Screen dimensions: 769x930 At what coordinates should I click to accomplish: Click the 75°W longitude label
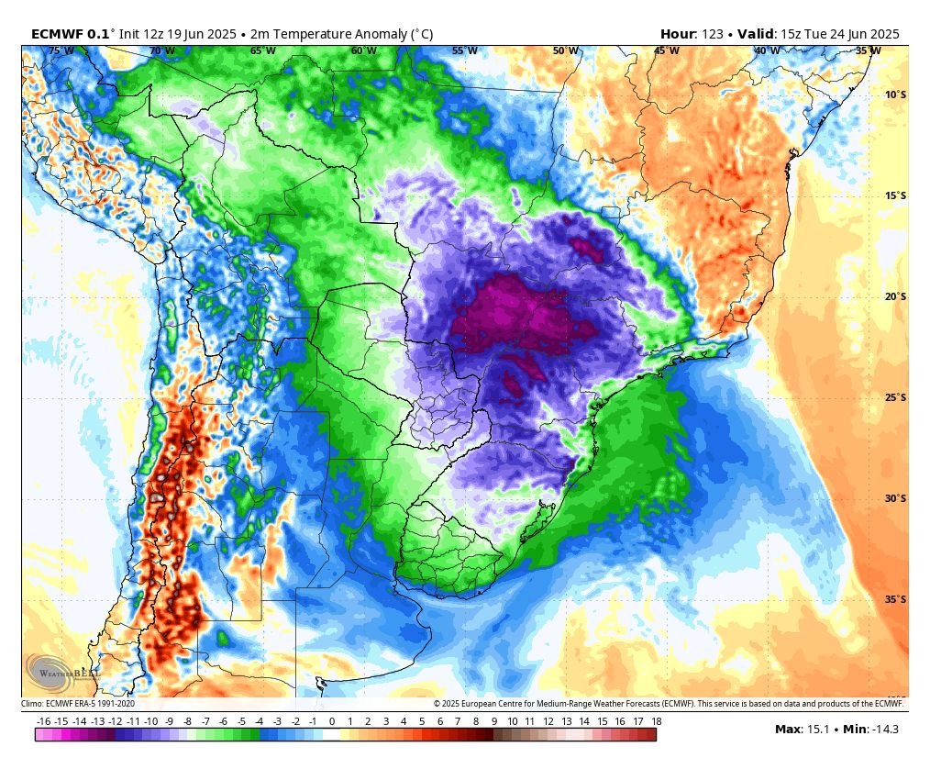pos(61,51)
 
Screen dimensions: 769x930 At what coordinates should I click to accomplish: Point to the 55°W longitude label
pos(465,51)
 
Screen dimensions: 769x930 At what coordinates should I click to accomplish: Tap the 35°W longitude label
pos(869,51)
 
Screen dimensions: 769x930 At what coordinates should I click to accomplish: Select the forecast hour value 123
pos(713,34)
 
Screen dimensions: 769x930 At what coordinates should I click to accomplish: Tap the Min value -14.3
pos(884,730)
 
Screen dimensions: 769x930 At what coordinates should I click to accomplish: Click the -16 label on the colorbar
pos(43,721)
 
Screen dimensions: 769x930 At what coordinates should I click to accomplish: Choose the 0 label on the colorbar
pos(332,721)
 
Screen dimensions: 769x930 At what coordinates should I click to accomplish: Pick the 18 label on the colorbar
pos(656,721)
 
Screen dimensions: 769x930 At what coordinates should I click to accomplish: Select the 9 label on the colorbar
pos(494,721)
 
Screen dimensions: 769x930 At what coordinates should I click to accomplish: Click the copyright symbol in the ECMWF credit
pos(437,704)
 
